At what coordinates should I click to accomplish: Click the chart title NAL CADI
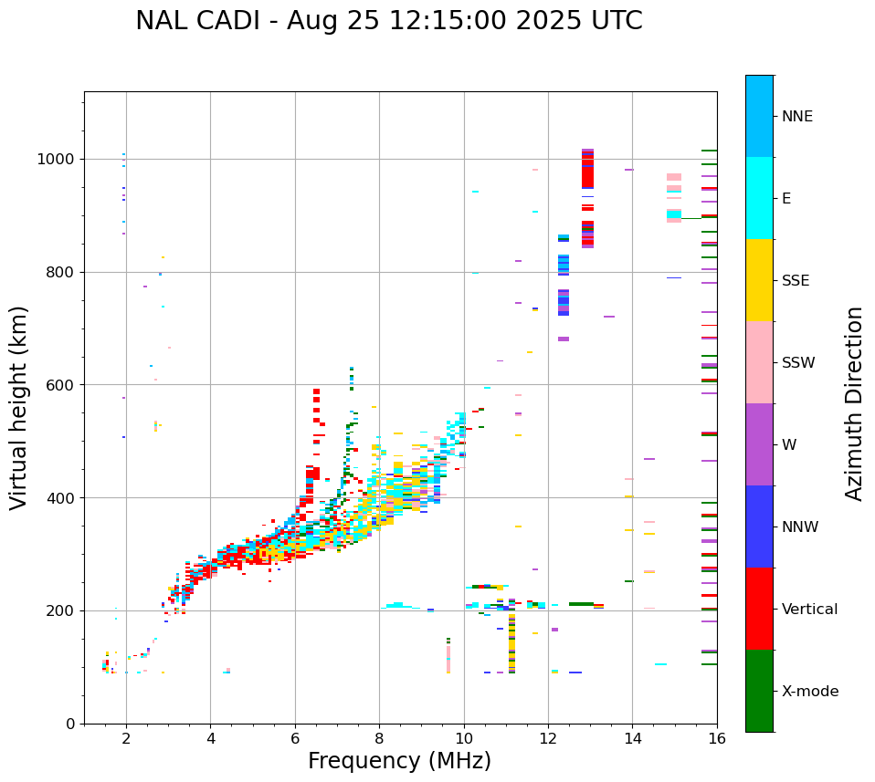388,21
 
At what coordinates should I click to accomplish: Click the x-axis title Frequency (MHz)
399,761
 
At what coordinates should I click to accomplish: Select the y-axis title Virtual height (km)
19,407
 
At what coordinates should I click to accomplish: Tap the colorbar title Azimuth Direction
854,402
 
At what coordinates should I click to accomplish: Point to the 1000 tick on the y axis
60,159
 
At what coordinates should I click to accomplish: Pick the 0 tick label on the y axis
72,724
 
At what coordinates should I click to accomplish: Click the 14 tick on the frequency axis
632,737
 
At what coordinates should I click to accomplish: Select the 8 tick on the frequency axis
379,737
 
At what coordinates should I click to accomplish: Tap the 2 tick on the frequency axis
126,737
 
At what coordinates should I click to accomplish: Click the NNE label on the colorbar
796,117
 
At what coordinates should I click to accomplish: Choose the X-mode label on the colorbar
809,692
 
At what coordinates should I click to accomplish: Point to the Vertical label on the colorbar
809,610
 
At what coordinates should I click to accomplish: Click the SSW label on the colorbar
798,363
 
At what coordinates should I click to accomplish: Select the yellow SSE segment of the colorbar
759,280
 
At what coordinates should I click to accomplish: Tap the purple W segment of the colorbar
759,444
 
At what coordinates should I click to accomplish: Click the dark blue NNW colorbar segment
759,527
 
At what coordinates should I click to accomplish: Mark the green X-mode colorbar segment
759,691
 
